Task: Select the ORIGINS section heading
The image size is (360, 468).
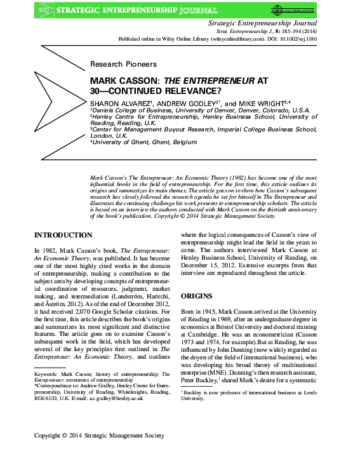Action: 198,296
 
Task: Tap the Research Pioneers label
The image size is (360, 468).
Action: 123,64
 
